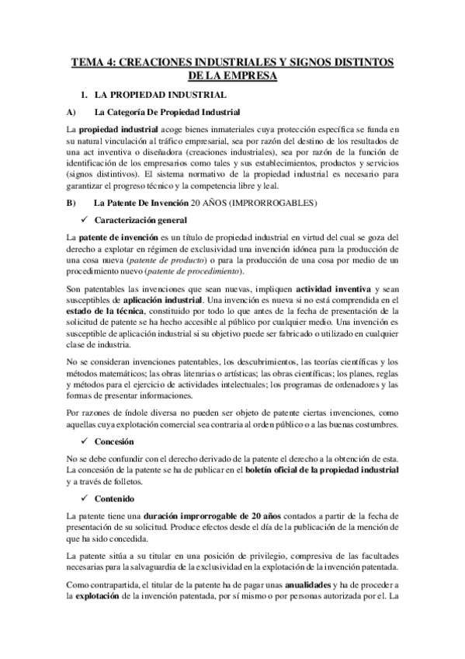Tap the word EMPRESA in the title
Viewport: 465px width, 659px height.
251,76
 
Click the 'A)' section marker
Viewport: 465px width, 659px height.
71,112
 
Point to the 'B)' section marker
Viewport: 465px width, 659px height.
71,204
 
